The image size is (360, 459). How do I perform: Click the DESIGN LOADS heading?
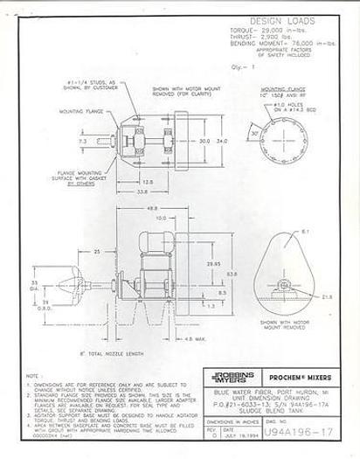point(287,18)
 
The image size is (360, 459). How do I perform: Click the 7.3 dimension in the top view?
point(82,140)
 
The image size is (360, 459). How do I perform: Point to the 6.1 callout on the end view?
point(302,232)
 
